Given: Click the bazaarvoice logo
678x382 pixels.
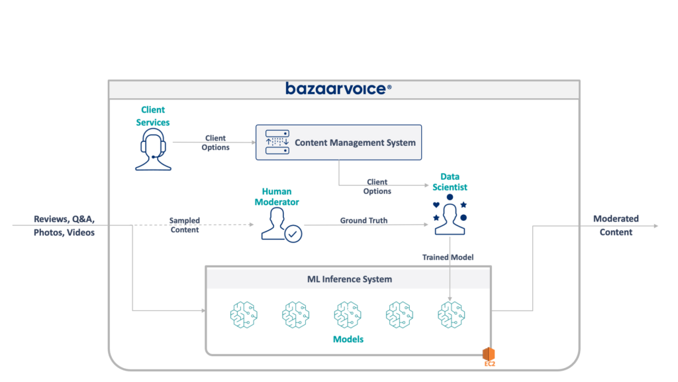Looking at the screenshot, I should (x=338, y=88).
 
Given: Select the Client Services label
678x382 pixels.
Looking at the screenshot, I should (x=153, y=116).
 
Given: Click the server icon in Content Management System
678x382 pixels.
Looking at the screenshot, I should (x=277, y=143).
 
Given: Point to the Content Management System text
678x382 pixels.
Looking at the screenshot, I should (x=355, y=143).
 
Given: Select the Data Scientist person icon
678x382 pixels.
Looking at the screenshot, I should (x=450, y=215).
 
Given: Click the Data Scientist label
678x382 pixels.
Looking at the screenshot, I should (x=450, y=182).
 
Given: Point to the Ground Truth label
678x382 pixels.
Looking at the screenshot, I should (x=363, y=220).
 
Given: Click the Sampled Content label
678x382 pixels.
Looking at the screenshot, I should (x=184, y=225).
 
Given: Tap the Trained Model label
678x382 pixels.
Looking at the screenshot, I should (x=448, y=257).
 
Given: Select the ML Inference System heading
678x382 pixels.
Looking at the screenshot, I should (x=348, y=279).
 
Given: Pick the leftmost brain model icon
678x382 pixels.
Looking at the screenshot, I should (x=242, y=313).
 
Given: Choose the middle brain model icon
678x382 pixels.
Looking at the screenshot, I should (x=348, y=313).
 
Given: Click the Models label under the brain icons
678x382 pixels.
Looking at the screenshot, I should (x=348, y=339).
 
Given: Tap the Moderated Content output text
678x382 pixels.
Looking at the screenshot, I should (x=616, y=225).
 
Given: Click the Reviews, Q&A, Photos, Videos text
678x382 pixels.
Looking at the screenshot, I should (x=64, y=225).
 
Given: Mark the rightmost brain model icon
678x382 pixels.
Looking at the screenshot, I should (x=452, y=313).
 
